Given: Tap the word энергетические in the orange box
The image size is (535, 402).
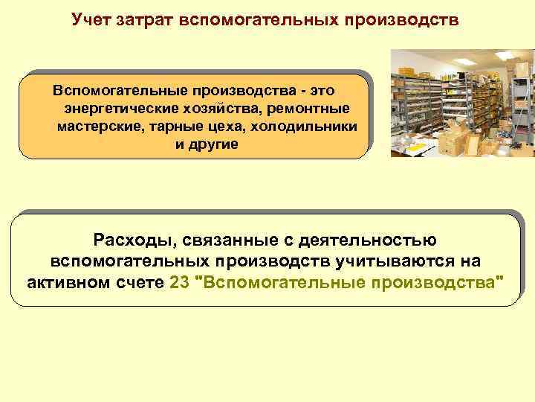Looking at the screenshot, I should pos(110,109).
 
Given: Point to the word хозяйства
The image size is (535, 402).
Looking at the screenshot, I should pos(210,109).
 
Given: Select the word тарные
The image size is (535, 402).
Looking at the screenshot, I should pos(176,127).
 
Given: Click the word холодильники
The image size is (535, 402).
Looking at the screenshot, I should pos(305,127).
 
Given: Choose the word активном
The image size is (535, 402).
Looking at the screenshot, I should pos(73,283).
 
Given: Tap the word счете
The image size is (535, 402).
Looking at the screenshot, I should pos(144,283).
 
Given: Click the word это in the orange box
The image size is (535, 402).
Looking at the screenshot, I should pos(321,91).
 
